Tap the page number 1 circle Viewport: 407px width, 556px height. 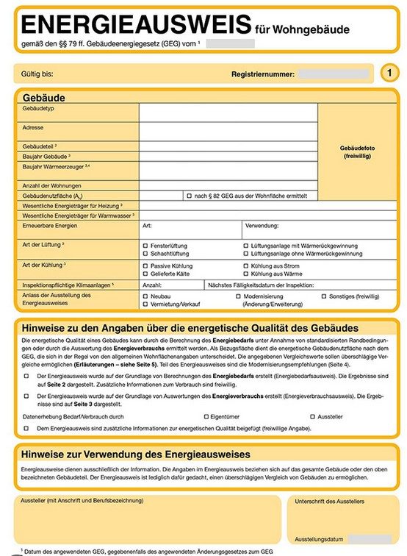[389, 73]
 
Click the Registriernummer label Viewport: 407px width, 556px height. [262, 74]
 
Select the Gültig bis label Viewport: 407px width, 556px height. [37, 74]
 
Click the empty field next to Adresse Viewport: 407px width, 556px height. [228, 131]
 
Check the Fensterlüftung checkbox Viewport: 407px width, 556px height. [145, 245]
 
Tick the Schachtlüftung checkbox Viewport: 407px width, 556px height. [145, 254]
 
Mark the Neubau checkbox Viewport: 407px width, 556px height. [145, 295]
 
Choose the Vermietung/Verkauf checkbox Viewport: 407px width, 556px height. [145, 304]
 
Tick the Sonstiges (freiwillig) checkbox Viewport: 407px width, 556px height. [324, 295]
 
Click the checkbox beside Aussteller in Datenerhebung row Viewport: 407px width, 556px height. [311, 416]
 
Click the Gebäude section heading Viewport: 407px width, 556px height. [45, 97]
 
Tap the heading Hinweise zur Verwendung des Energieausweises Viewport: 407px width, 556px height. [136, 455]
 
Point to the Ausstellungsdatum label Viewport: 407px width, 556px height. [320, 539]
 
